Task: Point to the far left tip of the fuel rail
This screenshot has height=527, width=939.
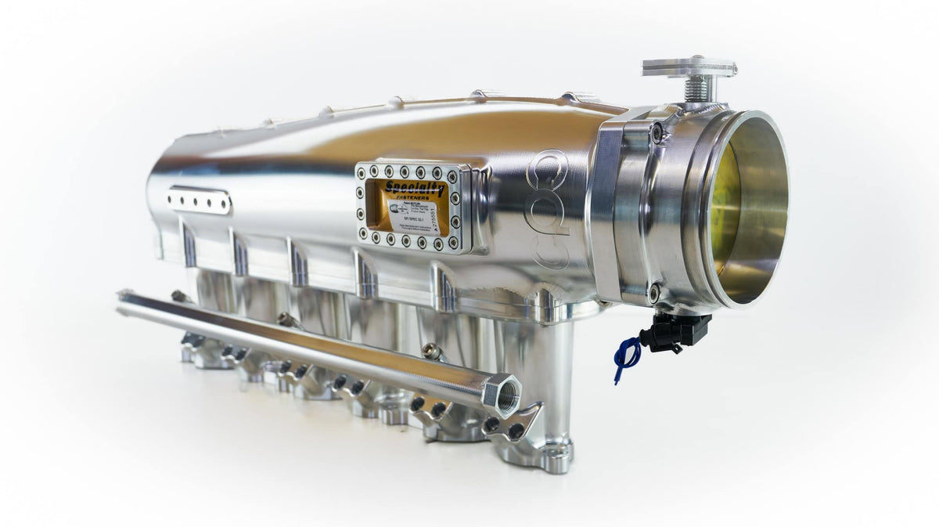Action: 122,297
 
